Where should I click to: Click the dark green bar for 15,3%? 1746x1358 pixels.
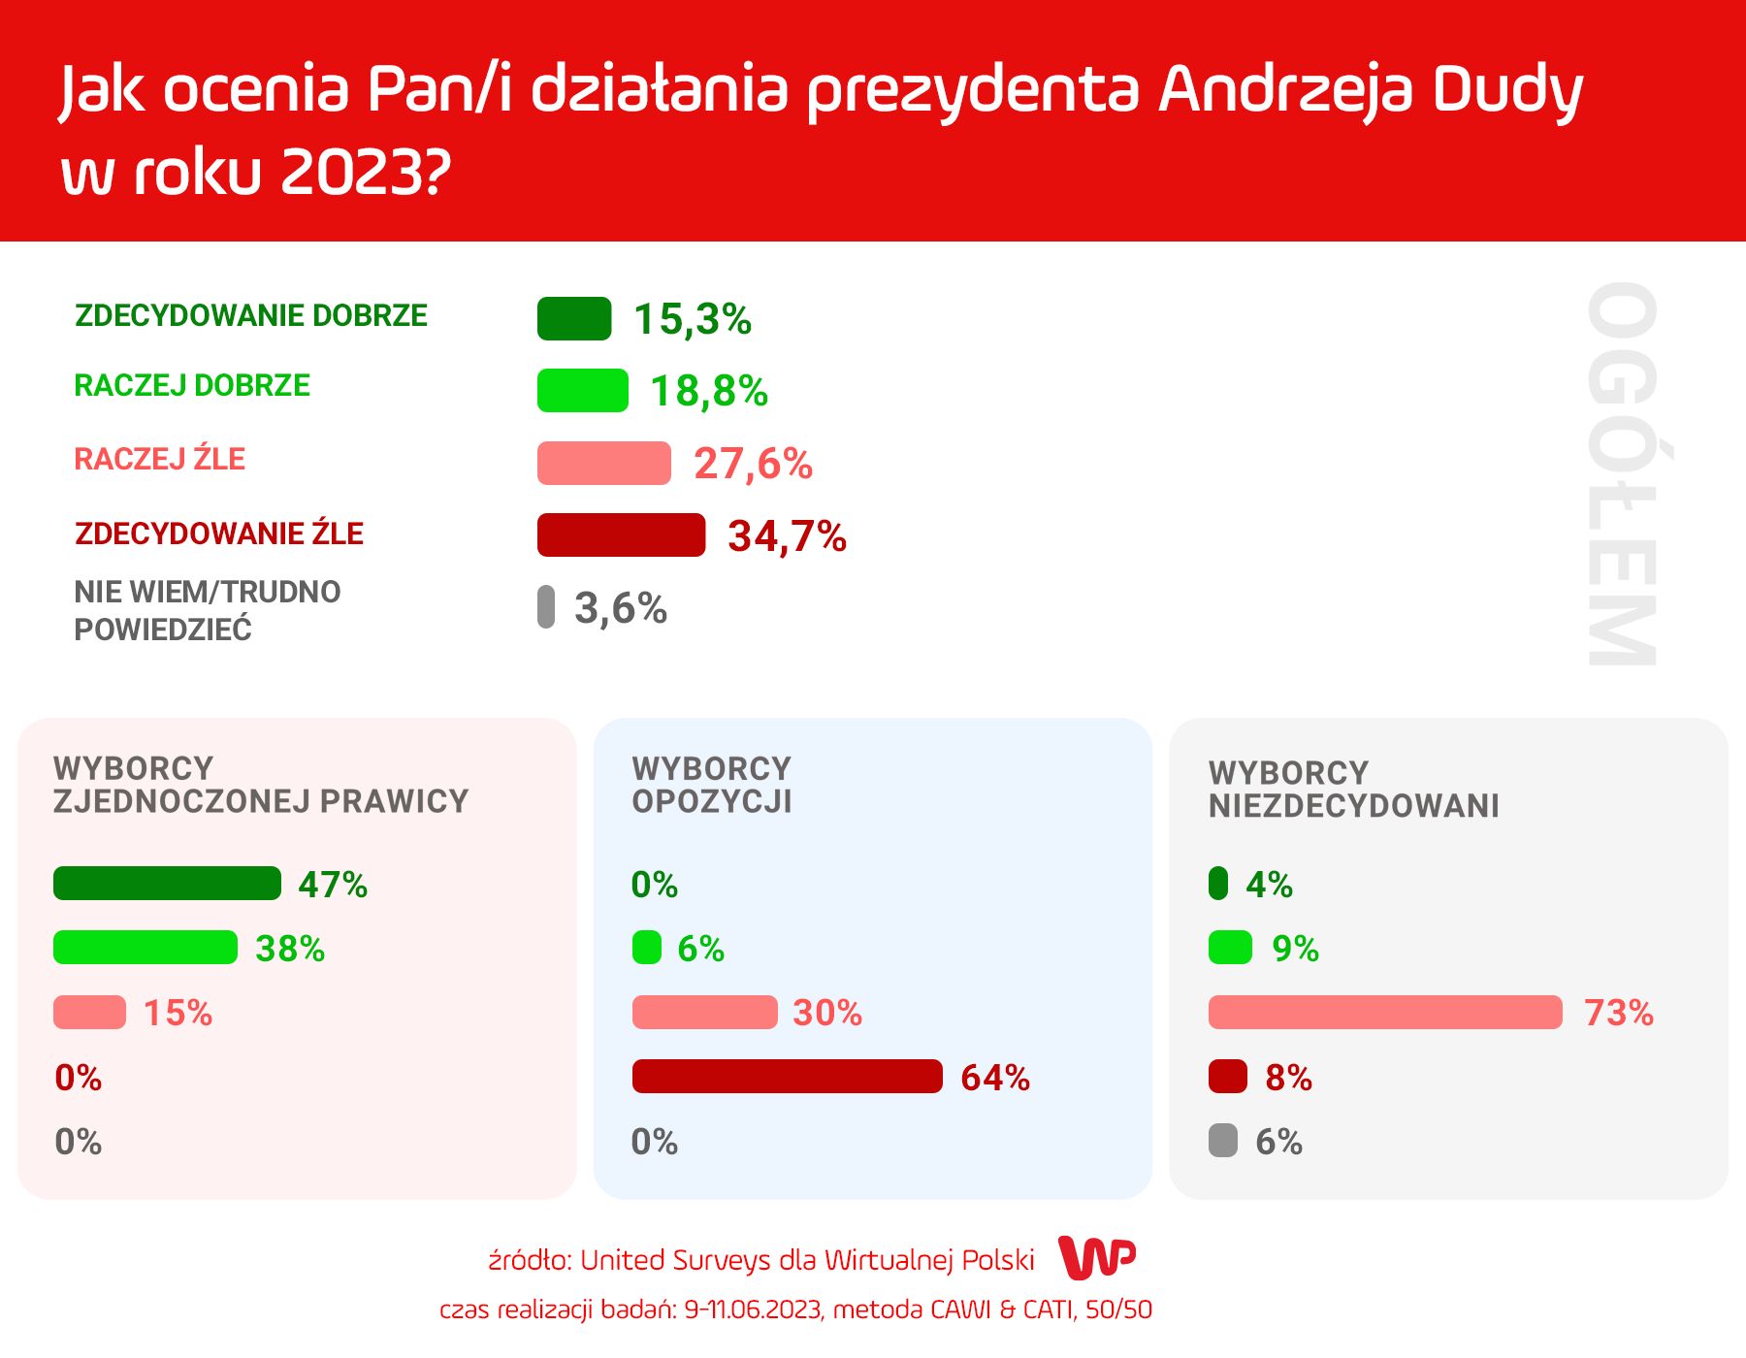coord(574,319)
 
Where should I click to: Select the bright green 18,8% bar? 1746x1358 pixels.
coord(583,391)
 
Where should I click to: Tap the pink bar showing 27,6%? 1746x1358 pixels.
coord(603,463)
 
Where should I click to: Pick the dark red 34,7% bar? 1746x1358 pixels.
coord(621,535)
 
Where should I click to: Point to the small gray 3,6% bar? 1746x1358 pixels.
coord(546,607)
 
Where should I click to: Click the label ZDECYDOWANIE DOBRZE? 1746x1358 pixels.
coord(251,316)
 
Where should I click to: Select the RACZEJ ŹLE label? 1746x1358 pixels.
coord(160,459)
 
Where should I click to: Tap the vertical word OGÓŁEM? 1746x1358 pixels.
coord(1621,474)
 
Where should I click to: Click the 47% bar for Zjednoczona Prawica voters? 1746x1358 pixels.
coord(167,884)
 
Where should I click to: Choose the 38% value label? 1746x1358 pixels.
coord(290,949)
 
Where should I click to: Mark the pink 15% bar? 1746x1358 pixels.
coord(89,1013)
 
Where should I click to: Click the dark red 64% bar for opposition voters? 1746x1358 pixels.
coord(787,1077)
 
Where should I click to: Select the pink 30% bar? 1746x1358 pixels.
coord(704,1013)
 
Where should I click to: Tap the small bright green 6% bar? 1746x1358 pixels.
coord(647,948)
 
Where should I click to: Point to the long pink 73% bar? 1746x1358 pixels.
coord(1385,1013)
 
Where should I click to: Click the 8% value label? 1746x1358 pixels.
coord(1288,1078)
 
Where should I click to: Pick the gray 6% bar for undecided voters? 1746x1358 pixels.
coord(1223,1141)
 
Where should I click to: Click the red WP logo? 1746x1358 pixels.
coord(1096,1259)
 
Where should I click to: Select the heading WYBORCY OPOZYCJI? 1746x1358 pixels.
coord(712,785)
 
